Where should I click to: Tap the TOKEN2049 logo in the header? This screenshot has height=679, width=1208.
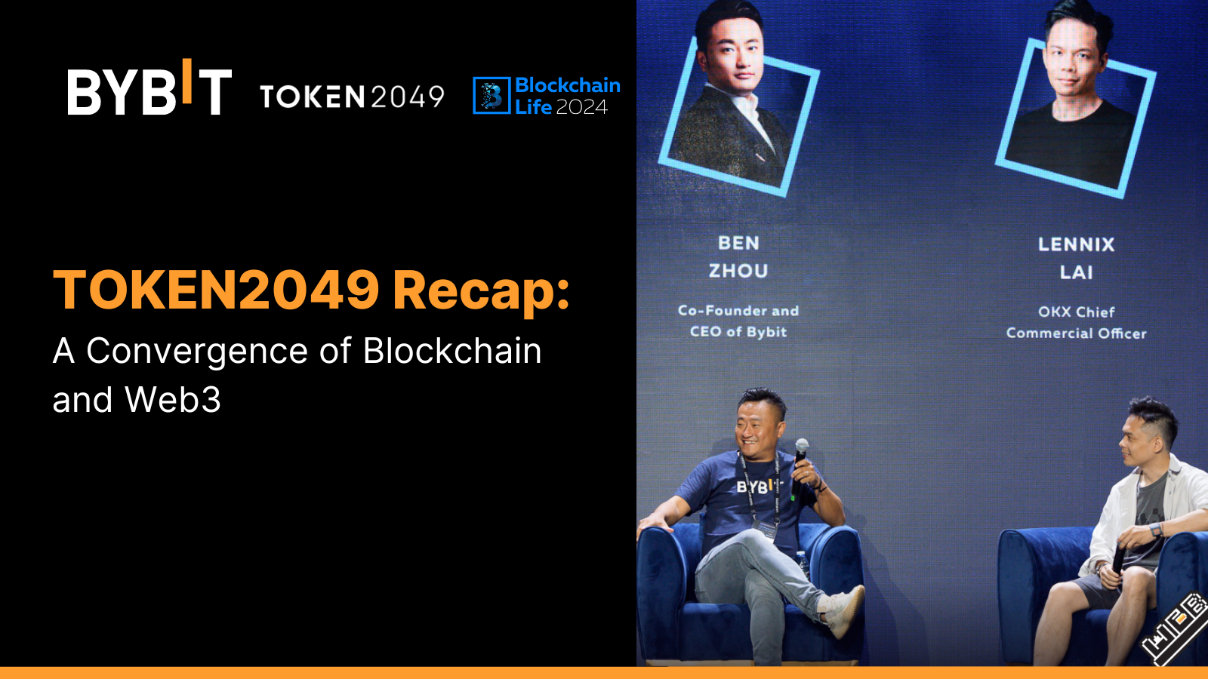point(352,97)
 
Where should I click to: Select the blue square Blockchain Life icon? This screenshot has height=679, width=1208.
point(492,96)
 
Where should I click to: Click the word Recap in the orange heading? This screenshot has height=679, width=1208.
point(481,290)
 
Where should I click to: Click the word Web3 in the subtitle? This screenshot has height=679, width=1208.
point(173,400)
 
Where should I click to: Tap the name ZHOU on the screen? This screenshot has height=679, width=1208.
point(738,271)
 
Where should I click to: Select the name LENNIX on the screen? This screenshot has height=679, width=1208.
point(1076,244)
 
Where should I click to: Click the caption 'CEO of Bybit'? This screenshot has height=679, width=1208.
point(738,332)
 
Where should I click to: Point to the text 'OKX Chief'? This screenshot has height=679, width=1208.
point(1076,312)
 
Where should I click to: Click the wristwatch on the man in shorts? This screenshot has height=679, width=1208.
point(1155,530)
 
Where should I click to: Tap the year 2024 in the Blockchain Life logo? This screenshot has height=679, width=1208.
point(581,108)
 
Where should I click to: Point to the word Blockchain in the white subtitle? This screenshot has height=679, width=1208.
point(452,352)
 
